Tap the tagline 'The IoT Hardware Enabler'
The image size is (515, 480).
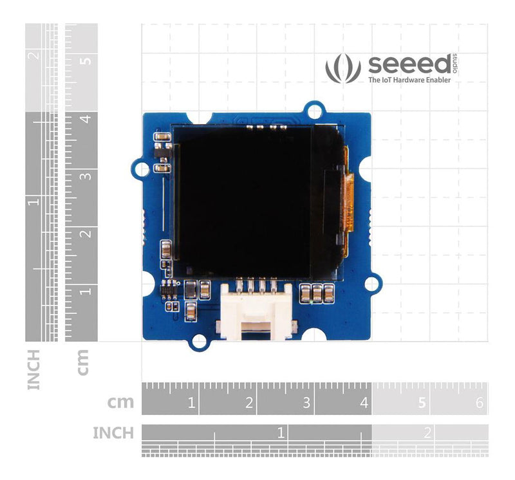point(409,81)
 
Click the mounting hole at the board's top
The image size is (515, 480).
point(314,111)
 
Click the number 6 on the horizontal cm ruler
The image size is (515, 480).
point(478,403)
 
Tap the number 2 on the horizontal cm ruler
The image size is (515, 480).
point(248,403)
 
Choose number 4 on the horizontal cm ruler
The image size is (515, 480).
point(364,403)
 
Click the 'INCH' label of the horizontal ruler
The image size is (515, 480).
point(114,432)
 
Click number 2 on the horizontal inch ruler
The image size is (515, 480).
point(427,432)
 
